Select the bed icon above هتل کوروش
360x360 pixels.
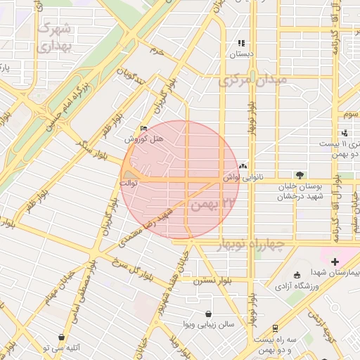coord(144,128)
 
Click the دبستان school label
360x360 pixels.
coord(242,54)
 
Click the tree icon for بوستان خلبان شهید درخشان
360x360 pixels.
coord(301,175)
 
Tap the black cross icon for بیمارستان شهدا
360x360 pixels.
coord(334,262)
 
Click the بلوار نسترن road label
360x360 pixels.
coord(215,280)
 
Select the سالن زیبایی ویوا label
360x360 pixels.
coord(207,325)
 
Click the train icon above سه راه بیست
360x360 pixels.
coord(274,328)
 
